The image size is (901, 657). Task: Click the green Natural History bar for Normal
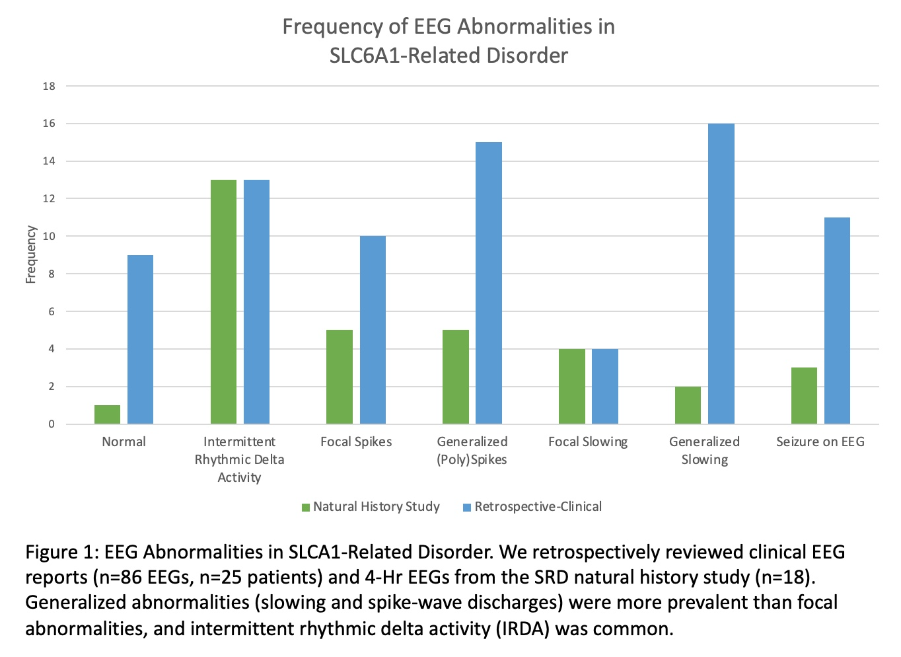(x=107, y=414)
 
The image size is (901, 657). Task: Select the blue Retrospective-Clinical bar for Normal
(x=140, y=340)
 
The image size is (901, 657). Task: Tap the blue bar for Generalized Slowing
(x=721, y=274)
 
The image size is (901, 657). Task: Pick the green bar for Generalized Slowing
(x=688, y=405)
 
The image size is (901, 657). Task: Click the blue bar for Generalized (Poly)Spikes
(x=488, y=283)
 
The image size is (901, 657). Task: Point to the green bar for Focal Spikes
(x=340, y=377)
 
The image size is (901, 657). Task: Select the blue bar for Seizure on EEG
(x=837, y=321)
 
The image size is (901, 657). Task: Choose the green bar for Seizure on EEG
(x=804, y=396)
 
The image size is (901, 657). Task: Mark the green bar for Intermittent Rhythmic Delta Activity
(x=223, y=302)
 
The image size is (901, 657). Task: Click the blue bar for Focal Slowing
(x=604, y=387)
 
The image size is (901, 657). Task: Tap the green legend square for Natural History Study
(x=306, y=508)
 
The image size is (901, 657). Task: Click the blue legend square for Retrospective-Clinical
(x=467, y=508)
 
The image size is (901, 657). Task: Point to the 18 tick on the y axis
(x=50, y=86)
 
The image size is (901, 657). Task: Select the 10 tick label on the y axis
(x=50, y=237)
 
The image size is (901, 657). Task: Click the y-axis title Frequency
(x=30, y=255)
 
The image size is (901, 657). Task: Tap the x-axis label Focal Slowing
(x=588, y=442)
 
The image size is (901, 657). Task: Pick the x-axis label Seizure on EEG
(x=820, y=442)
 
